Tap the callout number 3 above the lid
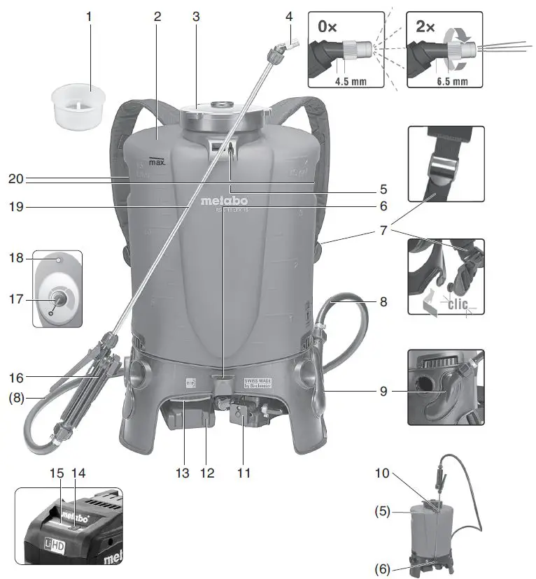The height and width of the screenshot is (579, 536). point(197,16)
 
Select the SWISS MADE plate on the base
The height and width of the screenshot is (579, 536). point(256,384)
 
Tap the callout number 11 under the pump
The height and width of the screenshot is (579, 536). point(243,473)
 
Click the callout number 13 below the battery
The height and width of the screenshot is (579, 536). point(181,473)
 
